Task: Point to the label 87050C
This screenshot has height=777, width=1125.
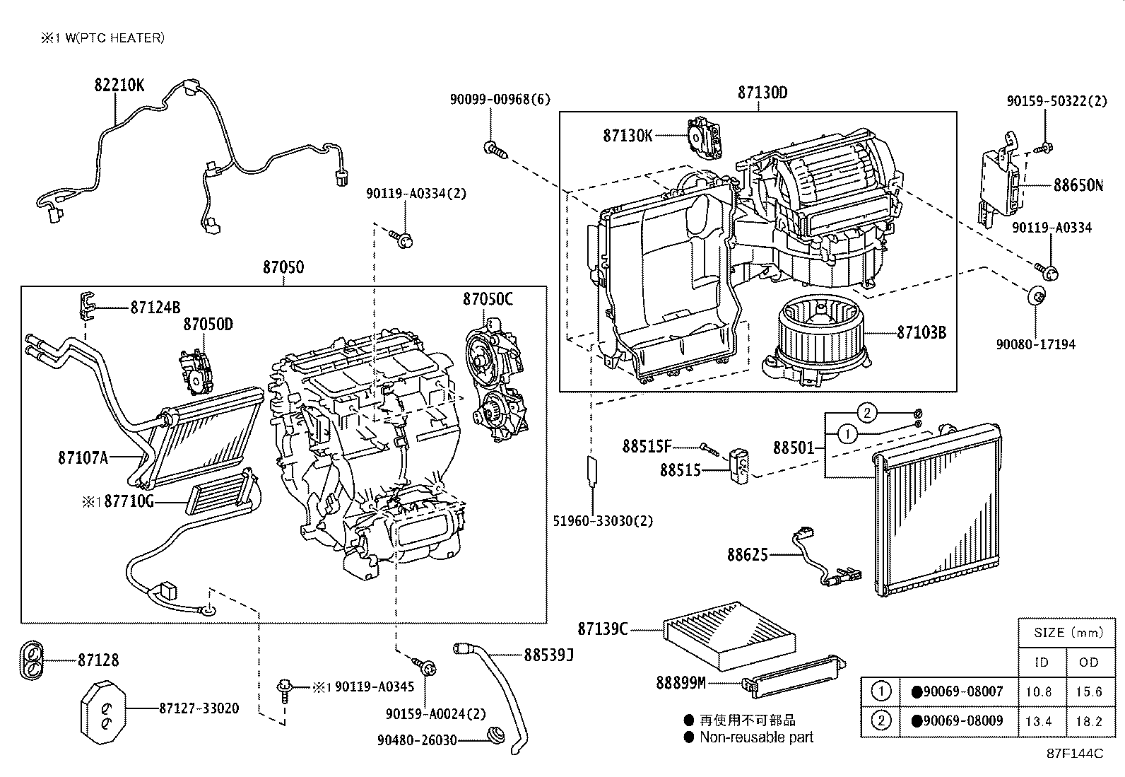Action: pos(488,299)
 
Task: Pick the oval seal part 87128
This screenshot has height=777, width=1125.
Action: pos(30,660)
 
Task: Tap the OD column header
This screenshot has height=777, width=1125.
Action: pos(1089,662)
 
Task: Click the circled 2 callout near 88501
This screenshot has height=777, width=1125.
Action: pos(867,413)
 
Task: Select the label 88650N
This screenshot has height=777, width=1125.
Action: pos(1077,186)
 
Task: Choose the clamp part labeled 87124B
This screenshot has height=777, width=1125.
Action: pos(83,305)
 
